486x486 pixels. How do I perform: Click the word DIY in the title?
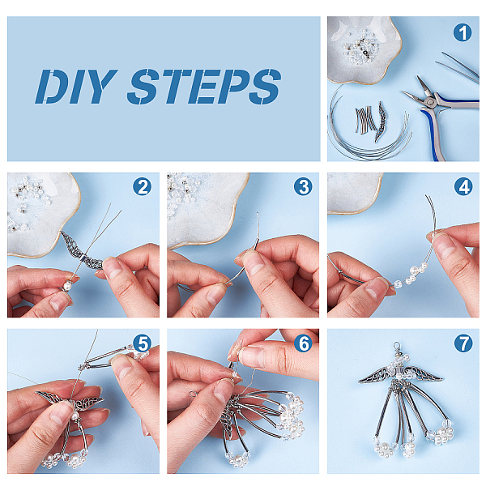point(76,87)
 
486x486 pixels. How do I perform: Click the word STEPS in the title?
point(204,87)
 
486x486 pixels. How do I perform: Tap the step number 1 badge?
point(463,33)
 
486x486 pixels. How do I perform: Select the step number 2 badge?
point(143,187)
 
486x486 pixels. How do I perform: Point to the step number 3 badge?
point(303,187)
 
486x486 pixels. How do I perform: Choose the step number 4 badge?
point(463,187)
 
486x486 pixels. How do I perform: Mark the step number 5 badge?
point(143,343)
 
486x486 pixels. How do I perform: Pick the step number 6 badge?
point(303,343)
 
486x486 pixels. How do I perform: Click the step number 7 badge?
point(463,343)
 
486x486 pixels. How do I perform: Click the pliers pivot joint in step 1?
point(429,101)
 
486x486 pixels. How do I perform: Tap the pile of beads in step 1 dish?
point(360,48)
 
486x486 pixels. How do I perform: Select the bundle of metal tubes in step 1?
point(366,119)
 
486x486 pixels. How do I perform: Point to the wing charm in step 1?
point(381,122)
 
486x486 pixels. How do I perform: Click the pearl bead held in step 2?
point(67,285)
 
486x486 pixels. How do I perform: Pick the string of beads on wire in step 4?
point(408,275)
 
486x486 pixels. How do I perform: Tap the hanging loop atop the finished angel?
point(397,347)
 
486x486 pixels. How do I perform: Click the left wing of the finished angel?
point(373,374)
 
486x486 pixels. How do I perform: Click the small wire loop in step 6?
point(193,394)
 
